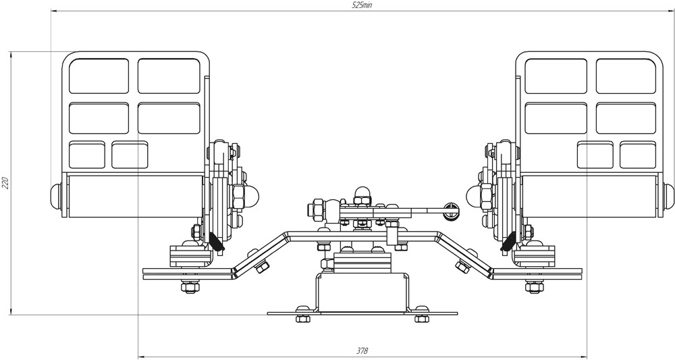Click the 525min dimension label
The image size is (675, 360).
point(362,5)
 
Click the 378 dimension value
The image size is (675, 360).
point(362,351)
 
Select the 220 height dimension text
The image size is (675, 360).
point(5,183)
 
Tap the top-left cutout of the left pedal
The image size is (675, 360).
point(99,76)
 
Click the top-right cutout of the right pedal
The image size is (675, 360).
point(626,76)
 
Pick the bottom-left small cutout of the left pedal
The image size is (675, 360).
point(87,155)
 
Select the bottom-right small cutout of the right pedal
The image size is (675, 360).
point(638,155)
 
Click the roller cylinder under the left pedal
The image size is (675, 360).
point(134,197)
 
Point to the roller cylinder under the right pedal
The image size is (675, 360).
point(589,197)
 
